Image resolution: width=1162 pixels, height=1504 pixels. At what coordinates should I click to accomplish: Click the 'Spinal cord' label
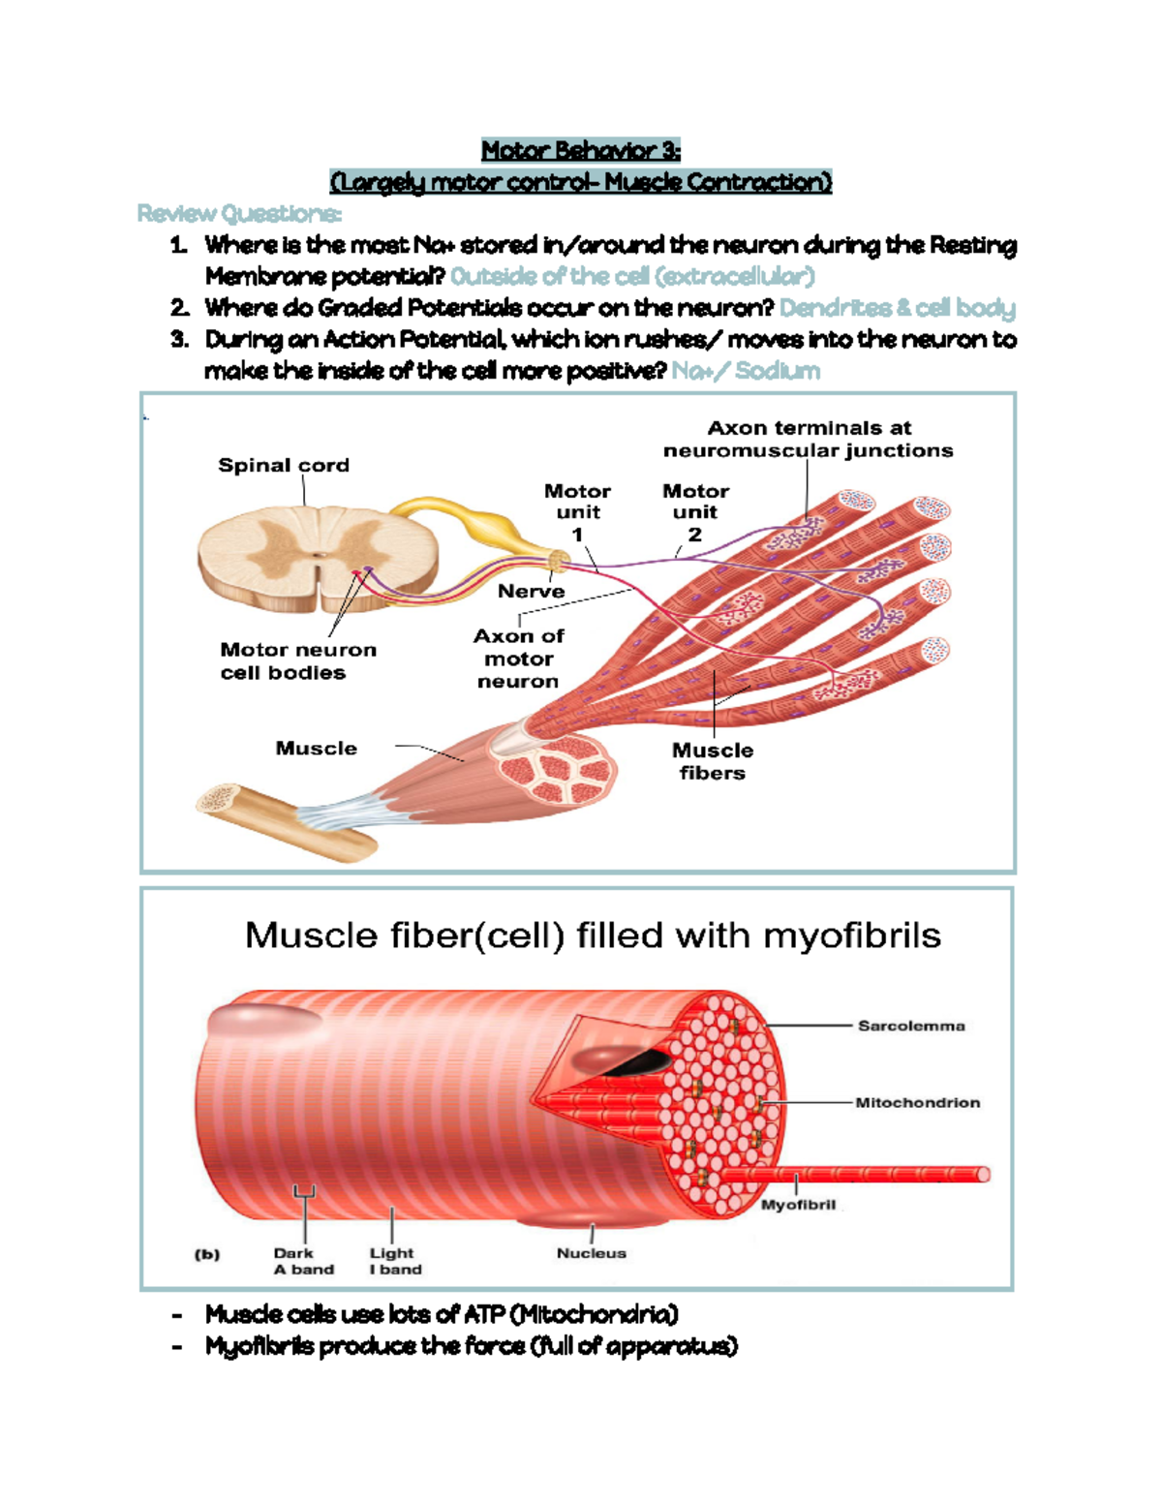284,465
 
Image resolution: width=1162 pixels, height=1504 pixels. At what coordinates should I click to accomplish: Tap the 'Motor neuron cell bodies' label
297,660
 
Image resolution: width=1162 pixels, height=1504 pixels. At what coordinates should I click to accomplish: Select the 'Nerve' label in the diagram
531,591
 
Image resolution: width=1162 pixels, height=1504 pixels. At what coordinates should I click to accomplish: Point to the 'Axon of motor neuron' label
518,659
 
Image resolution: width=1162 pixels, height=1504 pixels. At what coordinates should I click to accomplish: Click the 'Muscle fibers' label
713,761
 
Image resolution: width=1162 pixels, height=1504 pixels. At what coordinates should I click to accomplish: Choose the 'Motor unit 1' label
577,512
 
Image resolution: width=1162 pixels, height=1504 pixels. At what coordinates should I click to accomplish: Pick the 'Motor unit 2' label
695,512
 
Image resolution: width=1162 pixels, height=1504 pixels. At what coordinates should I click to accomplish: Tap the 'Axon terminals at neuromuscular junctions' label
808,439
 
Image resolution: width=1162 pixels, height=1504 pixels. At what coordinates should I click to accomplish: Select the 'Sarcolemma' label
911,1026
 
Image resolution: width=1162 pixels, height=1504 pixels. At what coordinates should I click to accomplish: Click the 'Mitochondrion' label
917,1102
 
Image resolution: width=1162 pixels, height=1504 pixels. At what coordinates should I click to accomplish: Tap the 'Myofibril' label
798,1205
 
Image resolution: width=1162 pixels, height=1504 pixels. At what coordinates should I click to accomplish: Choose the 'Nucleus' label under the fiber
591,1253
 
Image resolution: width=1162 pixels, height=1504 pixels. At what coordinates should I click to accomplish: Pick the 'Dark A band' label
303,1261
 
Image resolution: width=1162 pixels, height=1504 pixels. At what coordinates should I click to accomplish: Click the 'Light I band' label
395,1261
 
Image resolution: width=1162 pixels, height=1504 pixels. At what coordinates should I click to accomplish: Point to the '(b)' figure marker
207,1254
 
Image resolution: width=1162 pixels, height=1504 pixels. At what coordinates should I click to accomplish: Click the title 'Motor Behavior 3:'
581,150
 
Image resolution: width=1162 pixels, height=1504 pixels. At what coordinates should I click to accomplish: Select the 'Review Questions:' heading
239,213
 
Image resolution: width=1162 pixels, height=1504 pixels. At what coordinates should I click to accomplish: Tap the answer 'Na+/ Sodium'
746,371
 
